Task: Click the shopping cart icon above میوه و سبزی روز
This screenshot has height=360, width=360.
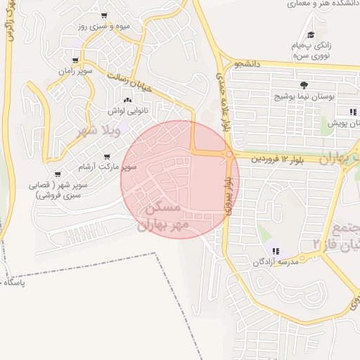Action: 104,15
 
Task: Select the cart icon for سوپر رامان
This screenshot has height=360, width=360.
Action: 75,61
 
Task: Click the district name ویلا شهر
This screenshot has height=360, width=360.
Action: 98,130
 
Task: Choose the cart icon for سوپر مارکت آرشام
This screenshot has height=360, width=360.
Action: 107,157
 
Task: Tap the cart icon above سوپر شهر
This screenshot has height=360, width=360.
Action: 56,175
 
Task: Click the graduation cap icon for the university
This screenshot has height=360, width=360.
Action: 310,34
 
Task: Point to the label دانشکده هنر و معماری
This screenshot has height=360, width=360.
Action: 323,5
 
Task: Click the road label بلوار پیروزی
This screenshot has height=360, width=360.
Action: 226,193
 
